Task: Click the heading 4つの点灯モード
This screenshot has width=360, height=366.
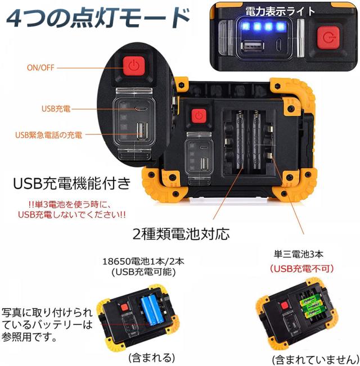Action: pyautogui.click(x=97, y=19)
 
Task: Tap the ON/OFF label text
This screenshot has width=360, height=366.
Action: pyautogui.click(x=40, y=67)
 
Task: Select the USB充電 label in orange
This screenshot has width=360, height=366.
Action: pyautogui.click(x=56, y=109)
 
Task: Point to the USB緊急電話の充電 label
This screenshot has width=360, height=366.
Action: pyautogui.click(x=48, y=135)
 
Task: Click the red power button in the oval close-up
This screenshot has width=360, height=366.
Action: pyautogui.click(x=134, y=66)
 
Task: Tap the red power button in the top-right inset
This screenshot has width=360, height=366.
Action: pyautogui.click(x=328, y=38)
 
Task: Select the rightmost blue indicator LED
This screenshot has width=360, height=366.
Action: pyautogui.click(x=280, y=26)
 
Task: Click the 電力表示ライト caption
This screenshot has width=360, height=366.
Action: pyautogui.click(x=280, y=11)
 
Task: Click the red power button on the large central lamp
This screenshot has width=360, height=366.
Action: pyautogui.click(x=199, y=116)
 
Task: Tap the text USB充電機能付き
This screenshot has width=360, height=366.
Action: pyautogui.click(x=71, y=183)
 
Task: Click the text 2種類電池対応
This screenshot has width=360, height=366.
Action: pyautogui.click(x=181, y=234)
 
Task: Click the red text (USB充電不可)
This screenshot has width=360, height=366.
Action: pyautogui.click(x=302, y=269)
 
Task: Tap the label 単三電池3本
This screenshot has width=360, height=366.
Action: pyautogui.click(x=299, y=254)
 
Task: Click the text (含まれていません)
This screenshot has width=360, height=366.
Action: pyautogui.click(x=316, y=360)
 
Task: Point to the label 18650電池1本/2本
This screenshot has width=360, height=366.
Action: pyautogui.click(x=143, y=261)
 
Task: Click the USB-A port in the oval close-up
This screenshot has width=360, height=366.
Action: pyautogui.click(x=142, y=131)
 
